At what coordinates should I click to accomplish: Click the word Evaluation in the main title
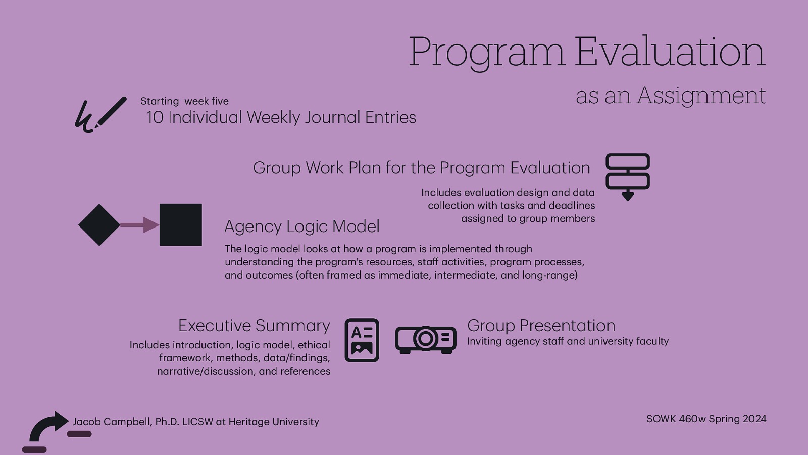(670, 52)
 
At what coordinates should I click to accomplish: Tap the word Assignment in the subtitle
(701, 96)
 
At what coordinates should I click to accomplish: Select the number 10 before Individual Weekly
(155, 117)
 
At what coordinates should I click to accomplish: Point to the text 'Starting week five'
(184, 101)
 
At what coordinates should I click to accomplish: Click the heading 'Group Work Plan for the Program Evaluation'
(421, 168)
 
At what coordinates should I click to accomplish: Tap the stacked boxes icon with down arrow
(628, 176)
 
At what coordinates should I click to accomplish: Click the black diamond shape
(99, 225)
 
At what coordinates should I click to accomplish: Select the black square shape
(180, 225)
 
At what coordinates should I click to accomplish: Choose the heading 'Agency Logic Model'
(301, 226)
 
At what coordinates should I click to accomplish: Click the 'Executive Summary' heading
(254, 326)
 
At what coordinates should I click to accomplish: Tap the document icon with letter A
(362, 340)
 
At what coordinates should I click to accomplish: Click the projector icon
(426, 339)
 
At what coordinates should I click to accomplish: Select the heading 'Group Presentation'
(541, 326)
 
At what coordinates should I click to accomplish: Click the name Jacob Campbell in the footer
(112, 422)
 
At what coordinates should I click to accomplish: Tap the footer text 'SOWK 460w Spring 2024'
(706, 419)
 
